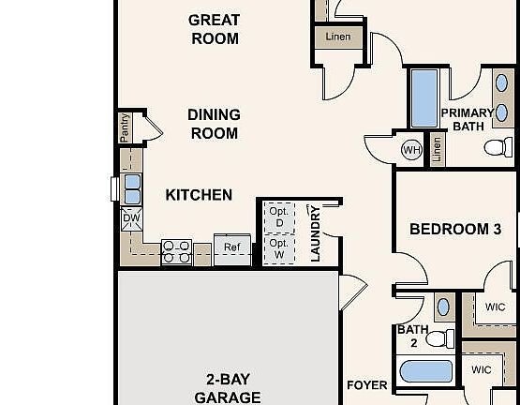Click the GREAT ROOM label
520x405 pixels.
tap(214, 29)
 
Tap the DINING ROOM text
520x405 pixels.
tap(214, 124)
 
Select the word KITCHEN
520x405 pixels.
tap(199, 195)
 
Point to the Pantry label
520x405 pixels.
tap(126, 127)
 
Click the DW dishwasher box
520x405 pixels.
tap(131, 218)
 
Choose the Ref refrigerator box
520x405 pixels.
tap(231, 248)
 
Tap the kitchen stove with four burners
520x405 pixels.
tap(177, 250)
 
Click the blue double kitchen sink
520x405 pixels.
tap(132, 188)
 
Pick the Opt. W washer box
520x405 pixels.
tap(278, 248)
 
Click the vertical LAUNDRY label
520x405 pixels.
tap(315, 232)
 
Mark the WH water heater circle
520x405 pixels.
tap(411, 150)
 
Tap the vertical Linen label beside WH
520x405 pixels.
tap(437, 150)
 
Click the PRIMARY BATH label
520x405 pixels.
tap(467, 118)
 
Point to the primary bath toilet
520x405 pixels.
tap(498, 147)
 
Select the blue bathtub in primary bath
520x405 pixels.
tap(424, 98)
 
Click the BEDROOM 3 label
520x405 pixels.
tap(450, 229)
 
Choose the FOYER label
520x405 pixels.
tap(366, 385)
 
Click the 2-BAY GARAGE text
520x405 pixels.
tap(228, 388)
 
